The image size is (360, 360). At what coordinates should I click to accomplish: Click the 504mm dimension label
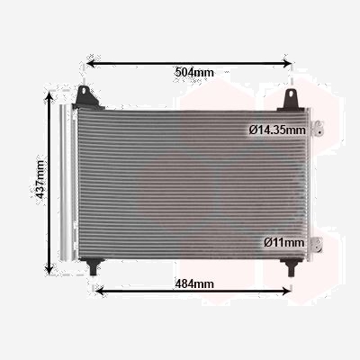194,72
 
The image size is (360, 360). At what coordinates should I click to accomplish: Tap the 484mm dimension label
194,283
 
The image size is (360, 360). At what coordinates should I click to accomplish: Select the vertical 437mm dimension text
39,179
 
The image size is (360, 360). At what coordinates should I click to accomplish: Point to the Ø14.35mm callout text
277,130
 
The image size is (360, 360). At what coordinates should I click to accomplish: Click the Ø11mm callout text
283,242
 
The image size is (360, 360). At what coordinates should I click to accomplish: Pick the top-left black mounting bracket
87,97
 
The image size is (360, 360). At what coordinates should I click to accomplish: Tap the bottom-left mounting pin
93,266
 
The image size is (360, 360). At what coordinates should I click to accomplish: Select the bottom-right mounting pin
291,267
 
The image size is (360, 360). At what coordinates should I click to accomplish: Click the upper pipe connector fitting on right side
317,129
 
